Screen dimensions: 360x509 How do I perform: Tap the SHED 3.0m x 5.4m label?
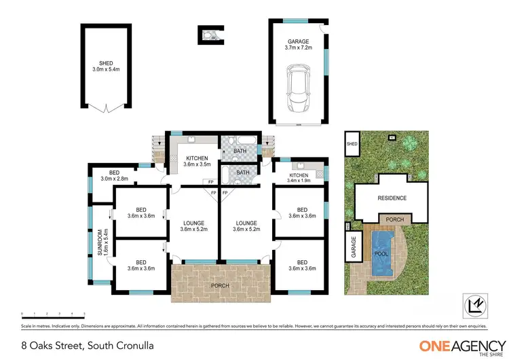(x=105, y=66)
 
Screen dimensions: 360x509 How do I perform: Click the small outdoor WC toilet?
(x=210, y=35)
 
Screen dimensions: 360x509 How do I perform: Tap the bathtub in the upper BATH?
(x=240, y=143)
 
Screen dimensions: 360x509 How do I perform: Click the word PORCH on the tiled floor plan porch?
(x=220, y=285)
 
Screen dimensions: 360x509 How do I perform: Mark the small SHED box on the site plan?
(x=352, y=144)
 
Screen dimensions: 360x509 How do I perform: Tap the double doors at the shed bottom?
(x=105, y=107)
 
